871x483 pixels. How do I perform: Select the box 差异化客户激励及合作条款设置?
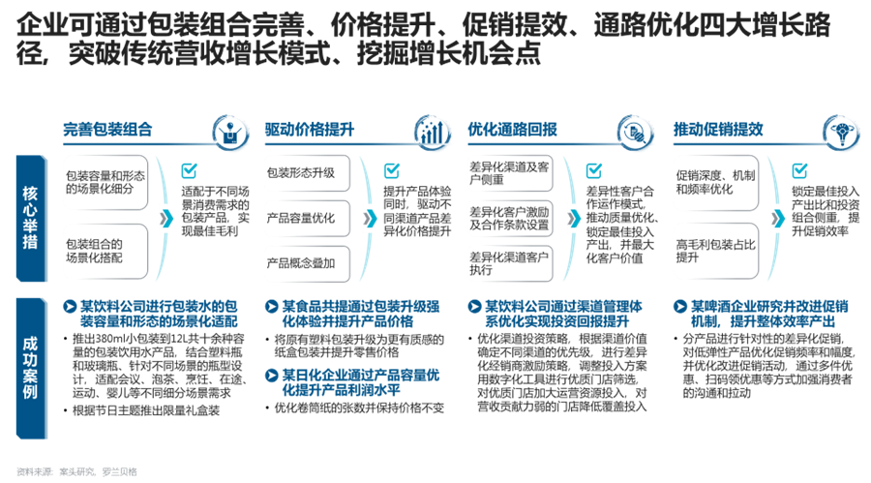pyautogui.click(x=510, y=218)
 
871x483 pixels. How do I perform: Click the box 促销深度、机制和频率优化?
pyautogui.click(x=714, y=183)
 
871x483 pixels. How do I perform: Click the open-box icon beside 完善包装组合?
pyautogui.click(x=227, y=132)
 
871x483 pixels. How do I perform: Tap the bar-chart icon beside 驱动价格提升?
pyautogui.click(x=432, y=132)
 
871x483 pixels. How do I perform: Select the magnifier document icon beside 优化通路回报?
pyautogui.click(x=635, y=132)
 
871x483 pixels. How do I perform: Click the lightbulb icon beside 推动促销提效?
pyautogui.click(x=838, y=132)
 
